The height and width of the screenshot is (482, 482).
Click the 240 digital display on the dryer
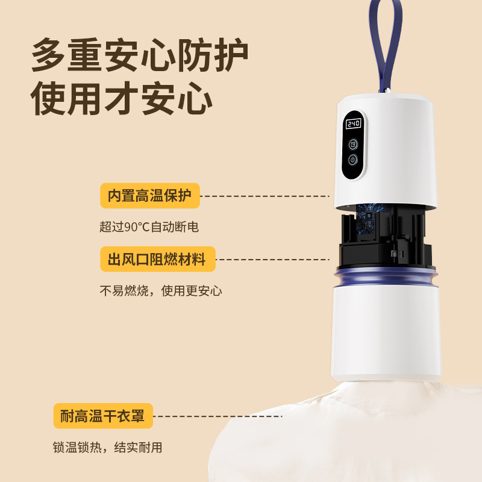pyautogui.click(x=352, y=124)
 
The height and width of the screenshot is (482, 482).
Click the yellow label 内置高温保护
pyautogui.click(x=149, y=196)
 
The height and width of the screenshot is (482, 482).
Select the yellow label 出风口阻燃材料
pyautogui.click(x=157, y=260)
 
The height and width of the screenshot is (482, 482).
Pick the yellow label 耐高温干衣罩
pyautogui.click(x=103, y=415)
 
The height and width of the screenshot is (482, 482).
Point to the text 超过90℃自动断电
pyautogui.click(x=149, y=227)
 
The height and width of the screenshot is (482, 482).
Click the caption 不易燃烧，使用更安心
pyautogui.click(x=161, y=291)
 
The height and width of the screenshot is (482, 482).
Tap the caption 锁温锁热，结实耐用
pyautogui.click(x=108, y=448)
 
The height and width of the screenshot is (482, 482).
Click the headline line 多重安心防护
pyautogui.click(x=140, y=55)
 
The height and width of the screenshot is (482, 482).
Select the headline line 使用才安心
pyautogui.click(x=122, y=98)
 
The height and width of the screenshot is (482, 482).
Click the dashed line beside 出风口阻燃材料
pyautogui.click(x=274, y=260)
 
